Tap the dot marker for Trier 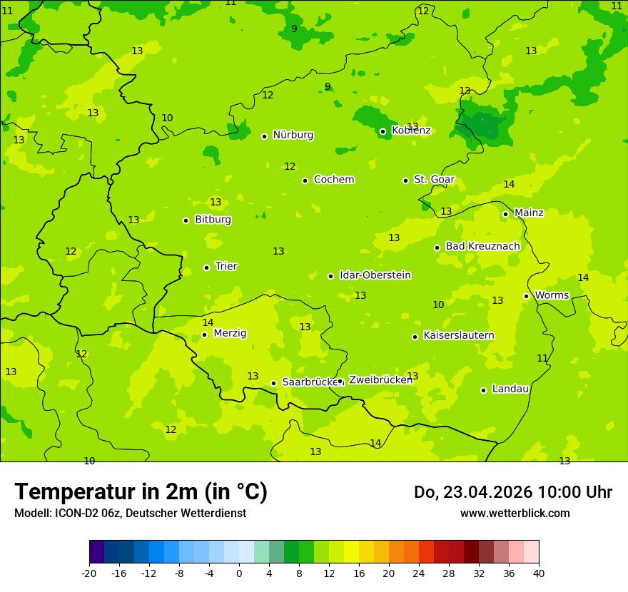tap(206, 267)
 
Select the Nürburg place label tap(293, 135)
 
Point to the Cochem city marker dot tap(305, 180)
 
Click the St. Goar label tap(434, 180)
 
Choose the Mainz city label tap(529, 213)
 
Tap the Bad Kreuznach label tap(482, 246)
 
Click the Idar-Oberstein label tap(375, 275)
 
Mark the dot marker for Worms tap(526, 296)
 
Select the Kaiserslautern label tap(458, 335)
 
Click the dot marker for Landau tap(483, 390)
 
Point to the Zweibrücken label tap(380, 380)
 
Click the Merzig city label tap(230, 333)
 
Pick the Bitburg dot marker tap(186, 220)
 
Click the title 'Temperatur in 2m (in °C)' tap(141, 491)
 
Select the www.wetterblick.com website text tap(515, 514)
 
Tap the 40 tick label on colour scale tap(539, 573)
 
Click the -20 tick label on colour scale tap(89, 573)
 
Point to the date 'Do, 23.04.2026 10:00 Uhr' tap(512, 492)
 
